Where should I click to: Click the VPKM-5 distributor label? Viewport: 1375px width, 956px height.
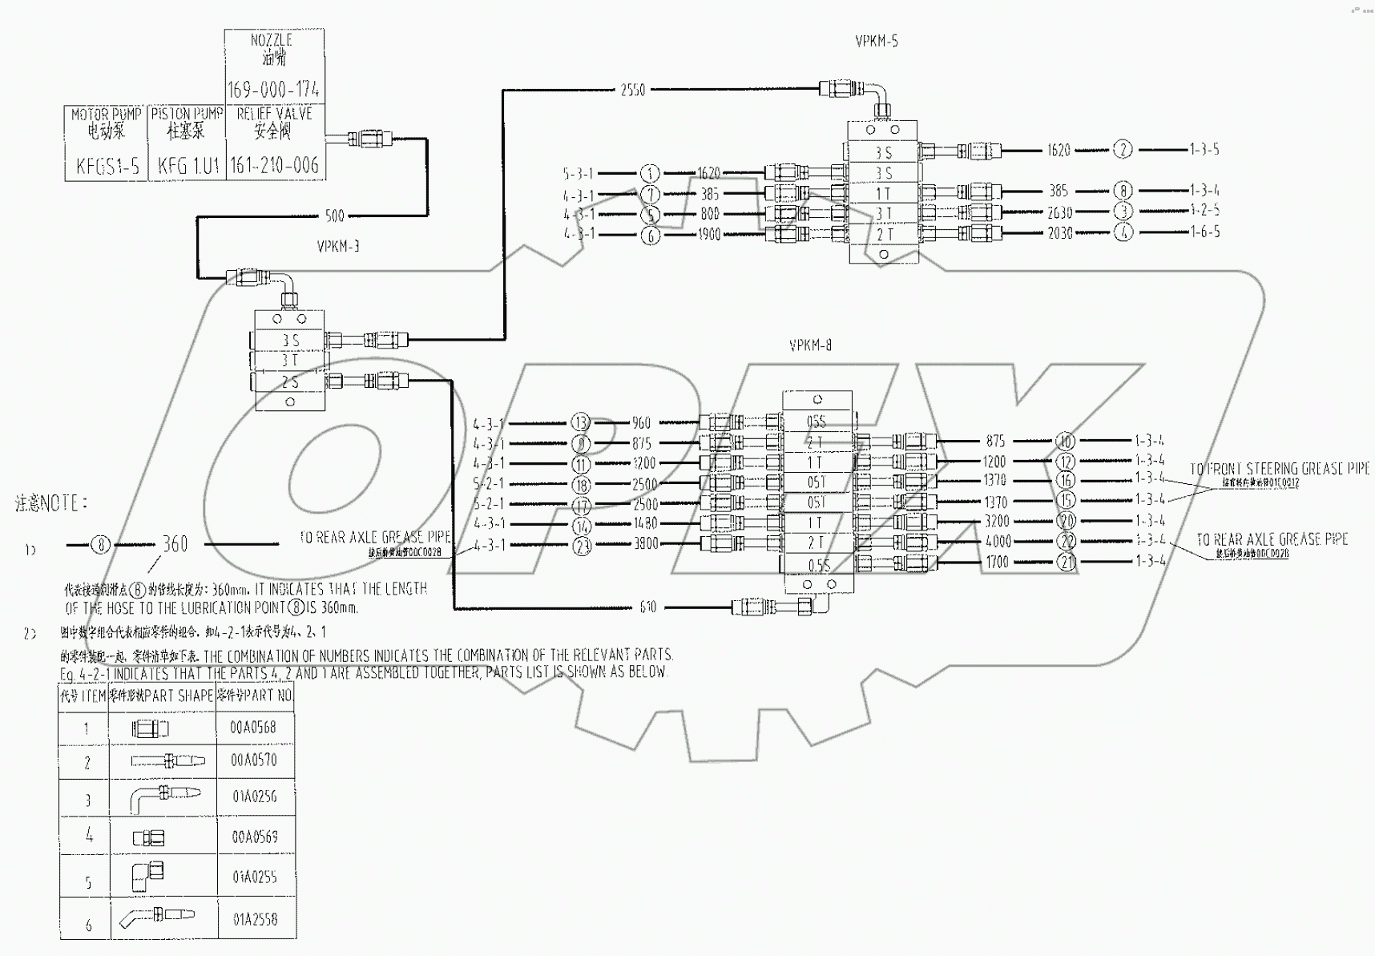tap(876, 42)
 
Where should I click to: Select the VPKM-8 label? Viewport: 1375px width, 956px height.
tap(810, 345)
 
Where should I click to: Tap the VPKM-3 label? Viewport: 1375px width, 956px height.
tap(337, 247)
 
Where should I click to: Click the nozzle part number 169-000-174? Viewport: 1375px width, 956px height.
tap(273, 89)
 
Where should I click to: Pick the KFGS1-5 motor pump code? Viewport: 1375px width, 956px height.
tap(107, 167)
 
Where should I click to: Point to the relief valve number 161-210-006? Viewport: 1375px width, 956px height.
tap(274, 165)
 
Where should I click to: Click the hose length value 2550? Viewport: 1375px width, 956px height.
tap(632, 90)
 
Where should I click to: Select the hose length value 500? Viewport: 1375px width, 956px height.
tap(335, 216)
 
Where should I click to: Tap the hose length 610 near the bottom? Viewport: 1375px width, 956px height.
tap(647, 607)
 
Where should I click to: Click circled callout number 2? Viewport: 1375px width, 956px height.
tap(1123, 150)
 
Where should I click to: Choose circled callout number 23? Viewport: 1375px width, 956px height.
tap(581, 545)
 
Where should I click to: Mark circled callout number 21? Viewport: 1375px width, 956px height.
tap(1067, 562)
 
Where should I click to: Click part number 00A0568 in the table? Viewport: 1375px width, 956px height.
tap(253, 728)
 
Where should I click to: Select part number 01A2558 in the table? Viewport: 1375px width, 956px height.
tap(255, 920)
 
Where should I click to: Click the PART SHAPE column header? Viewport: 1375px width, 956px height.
tap(161, 696)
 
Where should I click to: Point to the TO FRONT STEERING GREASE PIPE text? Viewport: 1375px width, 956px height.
tap(1279, 469)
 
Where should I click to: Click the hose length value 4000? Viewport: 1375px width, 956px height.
tap(998, 542)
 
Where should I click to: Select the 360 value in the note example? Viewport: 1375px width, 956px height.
tap(175, 544)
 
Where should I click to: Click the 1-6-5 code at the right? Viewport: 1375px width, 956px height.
tap(1204, 232)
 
